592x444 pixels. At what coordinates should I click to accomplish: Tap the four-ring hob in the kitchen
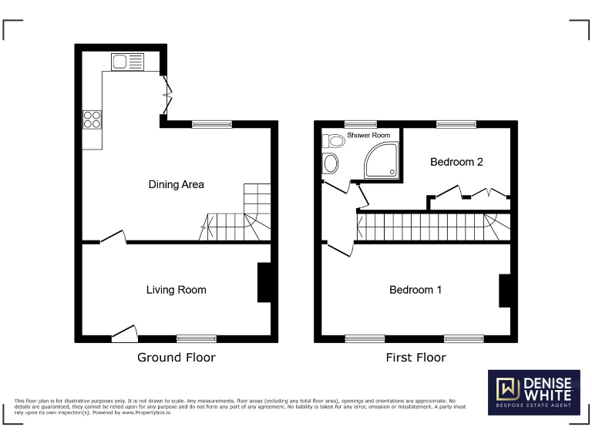92,119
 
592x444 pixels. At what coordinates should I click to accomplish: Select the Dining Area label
176,184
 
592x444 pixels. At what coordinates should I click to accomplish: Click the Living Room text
176,290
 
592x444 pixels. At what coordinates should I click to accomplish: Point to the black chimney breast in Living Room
264,283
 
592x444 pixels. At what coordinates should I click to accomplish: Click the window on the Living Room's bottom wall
197,338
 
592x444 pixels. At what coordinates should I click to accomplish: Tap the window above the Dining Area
211,123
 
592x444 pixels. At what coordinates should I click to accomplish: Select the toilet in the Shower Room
334,141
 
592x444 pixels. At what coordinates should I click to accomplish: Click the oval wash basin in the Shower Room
330,163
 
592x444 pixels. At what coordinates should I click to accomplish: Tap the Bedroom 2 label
456,162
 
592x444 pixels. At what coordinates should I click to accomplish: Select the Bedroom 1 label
415,290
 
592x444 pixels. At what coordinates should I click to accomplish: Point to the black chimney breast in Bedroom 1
504,291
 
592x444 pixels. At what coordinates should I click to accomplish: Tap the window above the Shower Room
360,123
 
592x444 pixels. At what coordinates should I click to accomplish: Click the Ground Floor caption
176,357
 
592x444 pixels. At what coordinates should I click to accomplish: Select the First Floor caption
415,357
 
